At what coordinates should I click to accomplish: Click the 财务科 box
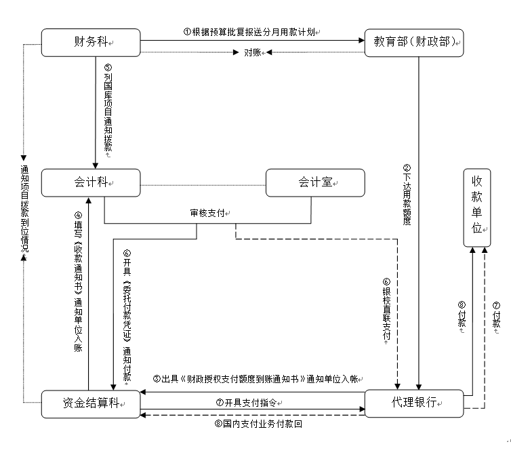pos(90,43)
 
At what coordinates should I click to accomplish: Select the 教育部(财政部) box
pos(413,43)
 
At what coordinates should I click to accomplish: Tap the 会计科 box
pos(90,182)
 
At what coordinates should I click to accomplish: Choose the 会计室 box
pos(315,182)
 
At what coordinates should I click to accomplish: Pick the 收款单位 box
pos(478,203)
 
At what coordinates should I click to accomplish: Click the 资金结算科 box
pos(90,403)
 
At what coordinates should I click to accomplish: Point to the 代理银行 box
pos(413,403)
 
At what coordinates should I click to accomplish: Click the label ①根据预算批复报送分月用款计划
pos(251,32)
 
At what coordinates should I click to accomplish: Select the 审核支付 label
pos(211,213)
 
